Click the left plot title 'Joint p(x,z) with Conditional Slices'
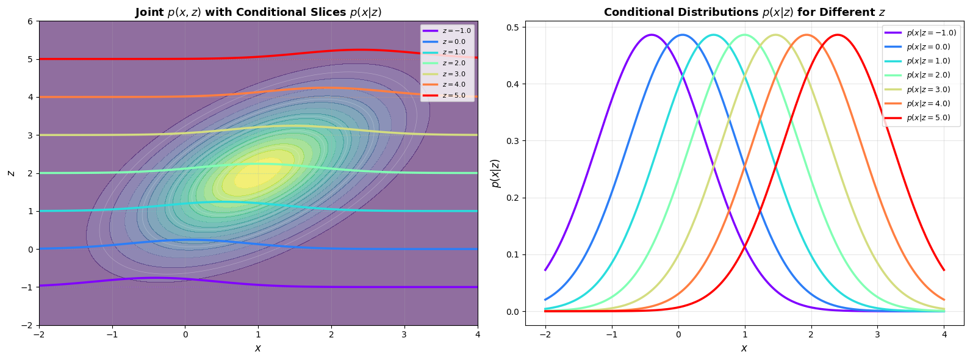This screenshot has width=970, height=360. tap(258, 12)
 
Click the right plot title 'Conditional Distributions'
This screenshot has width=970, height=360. tap(744, 12)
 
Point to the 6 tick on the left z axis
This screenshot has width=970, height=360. tap(29, 21)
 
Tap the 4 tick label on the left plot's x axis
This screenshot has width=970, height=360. tap(478, 334)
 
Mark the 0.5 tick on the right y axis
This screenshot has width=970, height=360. tap(513, 27)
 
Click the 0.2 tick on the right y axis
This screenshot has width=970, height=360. tap(513, 198)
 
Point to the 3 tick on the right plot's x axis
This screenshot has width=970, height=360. tap(877, 334)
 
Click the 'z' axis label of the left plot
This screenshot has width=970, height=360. tap(10, 173)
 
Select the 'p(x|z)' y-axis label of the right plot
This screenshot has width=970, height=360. tap(495, 173)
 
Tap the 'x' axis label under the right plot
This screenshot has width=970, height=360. tap(744, 348)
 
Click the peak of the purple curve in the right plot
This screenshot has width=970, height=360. tap(652, 35)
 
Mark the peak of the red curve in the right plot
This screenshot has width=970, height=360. tap(838, 35)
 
